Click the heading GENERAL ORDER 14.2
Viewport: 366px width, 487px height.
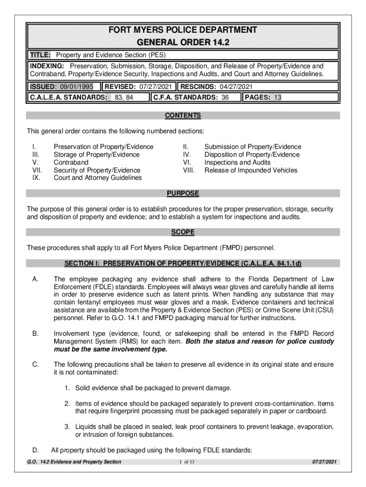coord(183,43)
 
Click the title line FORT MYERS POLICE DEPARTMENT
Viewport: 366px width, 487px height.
coord(183,30)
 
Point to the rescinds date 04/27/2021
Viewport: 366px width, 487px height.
coord(236,87)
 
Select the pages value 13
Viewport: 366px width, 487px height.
coord(278,97)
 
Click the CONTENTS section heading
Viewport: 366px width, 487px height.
coord(183,116)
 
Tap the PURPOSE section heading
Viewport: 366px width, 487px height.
coord(183,194)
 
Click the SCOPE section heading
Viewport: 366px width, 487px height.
coord(183,232)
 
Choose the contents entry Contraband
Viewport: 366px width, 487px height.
coord(71,162)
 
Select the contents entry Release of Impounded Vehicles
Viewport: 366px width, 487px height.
coord(250,170)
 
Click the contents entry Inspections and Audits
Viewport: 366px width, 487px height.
coord(237,162)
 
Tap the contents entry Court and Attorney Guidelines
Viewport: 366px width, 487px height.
coord(97,177)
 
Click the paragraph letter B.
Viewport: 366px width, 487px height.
coord(35,334)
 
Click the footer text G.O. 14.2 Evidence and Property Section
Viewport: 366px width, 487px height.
coord(75,462)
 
